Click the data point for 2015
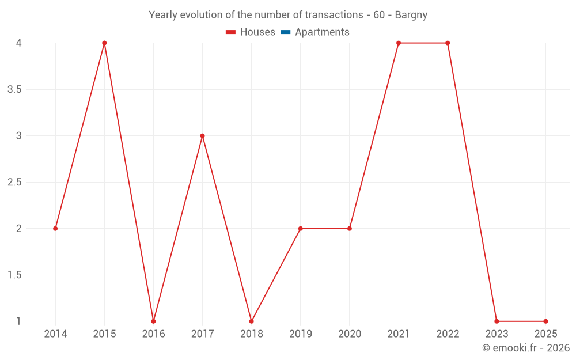[x=104, y=43]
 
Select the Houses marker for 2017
[x=202, y=136]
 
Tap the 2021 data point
[x=399, y=43]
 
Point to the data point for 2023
[x=497, y=321]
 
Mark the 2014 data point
[x=55, y=229]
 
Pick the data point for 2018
[x=251, y=321]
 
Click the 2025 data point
[x=545, y=321]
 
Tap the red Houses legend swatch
[x=231, y=32]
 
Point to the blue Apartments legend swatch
[x=286, y=32]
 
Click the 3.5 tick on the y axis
[x=14, y=89]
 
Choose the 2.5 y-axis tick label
[x=14, y=182]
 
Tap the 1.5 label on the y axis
[x=14, y=275]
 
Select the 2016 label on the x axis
[x=153, y=334]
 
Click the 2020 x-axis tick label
[x=350, y=334]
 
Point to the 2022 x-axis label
[x=448, y=334]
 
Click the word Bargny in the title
[x=411, y=15]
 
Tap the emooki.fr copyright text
[x=526, y=348]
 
